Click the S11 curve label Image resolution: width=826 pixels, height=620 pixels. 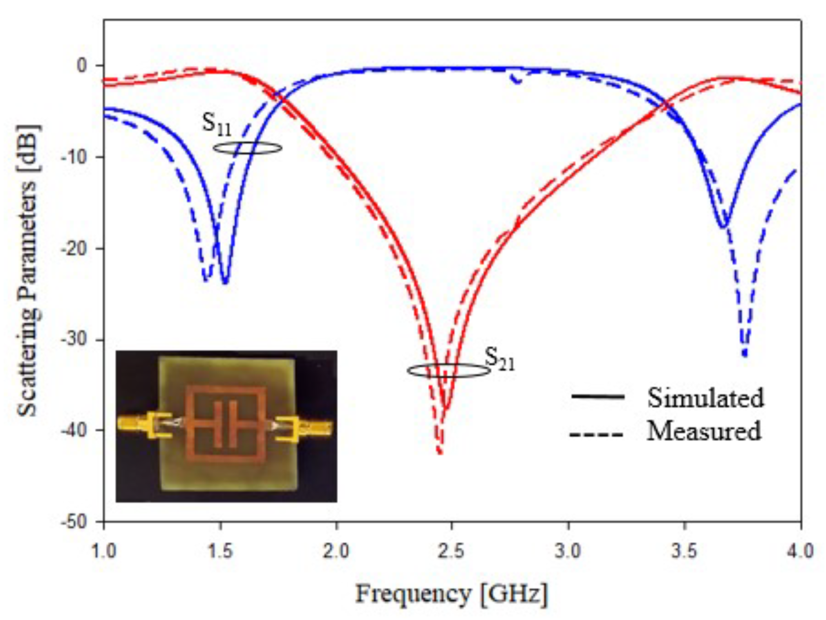[x=217, y=123]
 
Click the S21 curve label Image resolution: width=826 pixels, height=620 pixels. [x=499, y=359]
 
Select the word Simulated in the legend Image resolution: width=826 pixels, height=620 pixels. [x=705, y=397]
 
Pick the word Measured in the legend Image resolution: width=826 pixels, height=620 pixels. [x=703, y=431]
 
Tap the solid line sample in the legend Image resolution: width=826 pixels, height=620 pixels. [x=598, y=396]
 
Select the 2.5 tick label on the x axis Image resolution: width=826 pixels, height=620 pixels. [x=451, y=551]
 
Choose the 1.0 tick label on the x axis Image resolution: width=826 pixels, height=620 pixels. [x=104, y=551]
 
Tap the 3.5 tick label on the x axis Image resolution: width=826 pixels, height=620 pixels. [x=684, y=551]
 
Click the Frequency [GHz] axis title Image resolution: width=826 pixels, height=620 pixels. [x=451, y=593]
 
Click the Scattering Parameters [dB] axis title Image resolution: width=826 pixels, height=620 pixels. [x=28, y=270]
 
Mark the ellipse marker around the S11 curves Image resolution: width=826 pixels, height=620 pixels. [x=248, y=148]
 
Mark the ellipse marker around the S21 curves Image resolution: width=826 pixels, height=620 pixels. [x=448, y=371]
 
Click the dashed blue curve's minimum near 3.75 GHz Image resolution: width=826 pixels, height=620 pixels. [x=745, y=354]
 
